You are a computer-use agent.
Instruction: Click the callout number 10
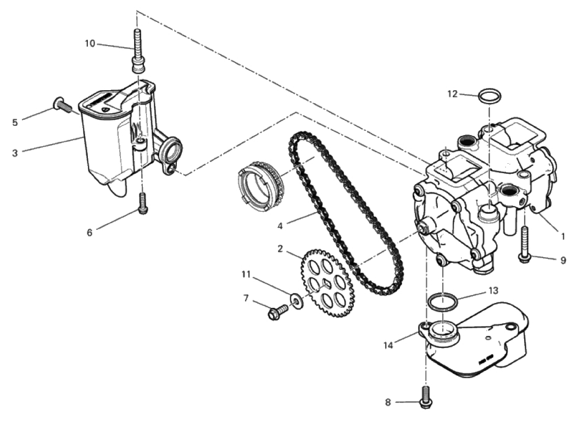[90, 43]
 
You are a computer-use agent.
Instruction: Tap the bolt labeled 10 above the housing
[137, 51]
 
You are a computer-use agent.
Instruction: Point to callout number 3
[15, 153]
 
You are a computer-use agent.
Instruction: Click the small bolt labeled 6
[143, 203]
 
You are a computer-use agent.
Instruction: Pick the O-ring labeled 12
[490, 96]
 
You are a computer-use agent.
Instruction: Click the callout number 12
[452, 94]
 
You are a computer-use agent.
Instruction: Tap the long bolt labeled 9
[525, 245]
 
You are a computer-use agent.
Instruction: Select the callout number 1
[563, 236]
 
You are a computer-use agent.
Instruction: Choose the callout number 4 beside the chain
[280, 225]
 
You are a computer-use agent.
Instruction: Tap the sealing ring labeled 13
[442, 301]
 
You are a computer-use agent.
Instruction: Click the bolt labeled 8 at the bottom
[425, 397]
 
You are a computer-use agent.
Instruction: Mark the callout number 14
[388, 345]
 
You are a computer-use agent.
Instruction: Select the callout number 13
[493, 290]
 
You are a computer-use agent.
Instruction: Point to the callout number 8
[388, 402]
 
